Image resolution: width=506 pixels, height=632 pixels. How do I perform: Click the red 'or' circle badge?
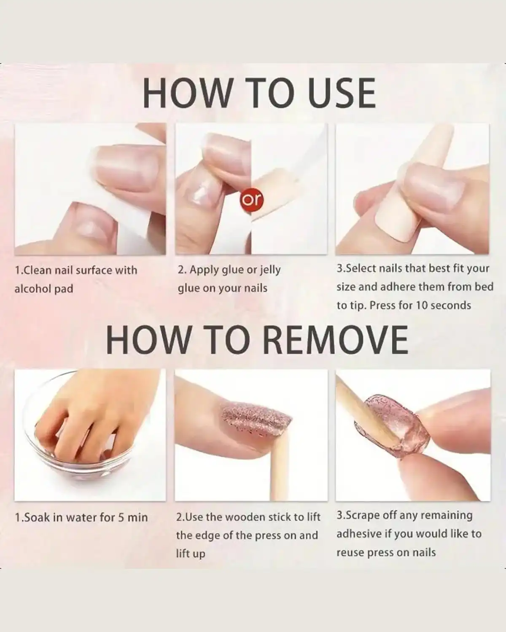pyautogui.click(x=252, y=200)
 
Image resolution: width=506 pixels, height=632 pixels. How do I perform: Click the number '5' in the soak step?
pyautogui.click(x=121, y=517)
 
